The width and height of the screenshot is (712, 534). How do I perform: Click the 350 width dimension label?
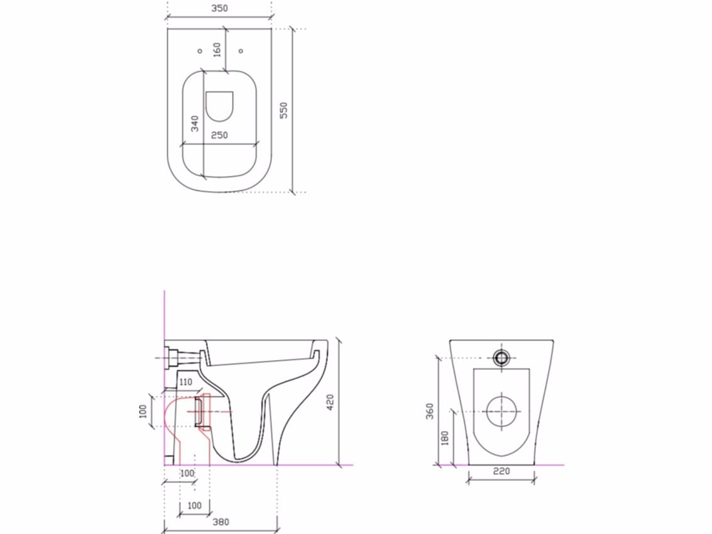(x=219, y=9)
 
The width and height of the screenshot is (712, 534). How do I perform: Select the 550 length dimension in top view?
(x=283, y=111)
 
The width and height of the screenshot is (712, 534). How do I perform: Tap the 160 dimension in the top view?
(x=217, y=50)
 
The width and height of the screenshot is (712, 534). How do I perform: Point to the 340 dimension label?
(x=195, y=123)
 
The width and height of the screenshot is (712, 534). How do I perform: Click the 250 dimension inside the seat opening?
(x=219, y=135)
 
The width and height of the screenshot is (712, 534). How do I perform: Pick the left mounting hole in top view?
(x=200, y=51)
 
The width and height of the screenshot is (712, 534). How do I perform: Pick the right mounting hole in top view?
(x=241, y=51)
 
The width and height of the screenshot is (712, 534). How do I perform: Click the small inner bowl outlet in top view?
(x=219, y=106)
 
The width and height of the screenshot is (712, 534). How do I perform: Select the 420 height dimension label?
(x=329, y=403)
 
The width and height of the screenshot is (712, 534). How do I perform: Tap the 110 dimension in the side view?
(x=186, y=382)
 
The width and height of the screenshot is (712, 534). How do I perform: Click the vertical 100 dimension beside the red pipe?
(x=143, y=411)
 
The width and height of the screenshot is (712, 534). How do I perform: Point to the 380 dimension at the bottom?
(x=220, y=522)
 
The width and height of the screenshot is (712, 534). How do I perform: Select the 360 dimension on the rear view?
(x=430, y=411)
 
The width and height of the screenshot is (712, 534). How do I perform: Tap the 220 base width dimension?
(x=501, y=471)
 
